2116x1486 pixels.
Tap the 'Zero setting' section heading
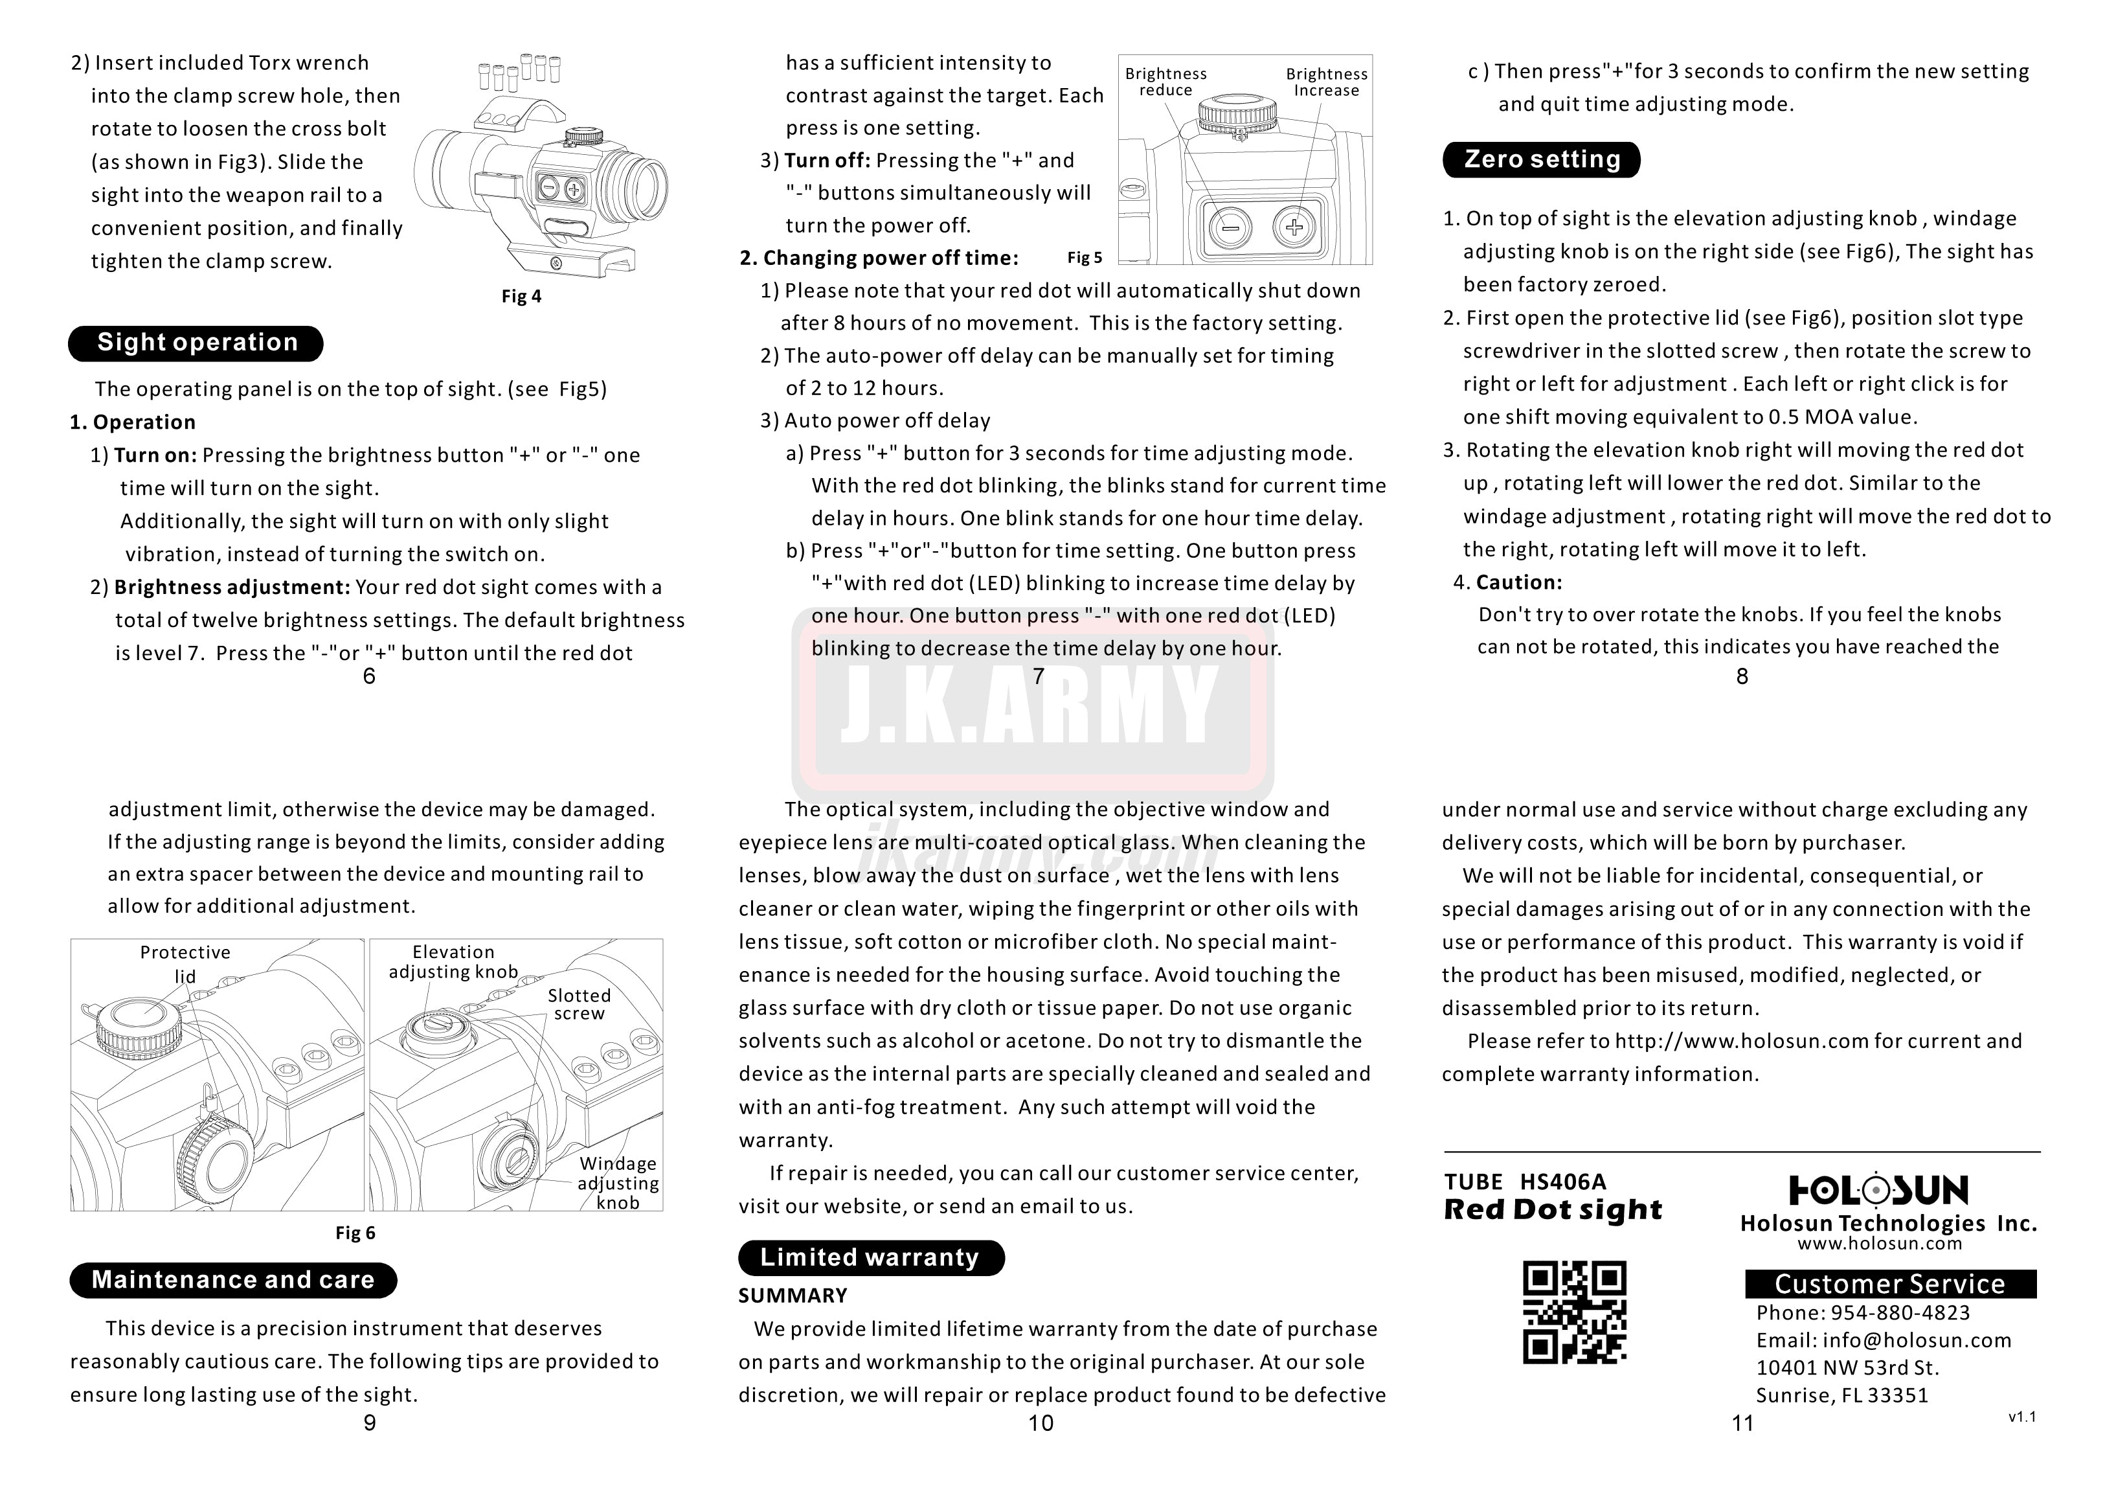[x=1541, y=159]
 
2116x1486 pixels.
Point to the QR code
[x=1574, y=1312]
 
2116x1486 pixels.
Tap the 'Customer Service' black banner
[x=1889, y=1284]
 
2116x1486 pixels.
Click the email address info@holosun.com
[x=1917, y=1340]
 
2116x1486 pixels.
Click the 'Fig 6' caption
[x=355, y=1233]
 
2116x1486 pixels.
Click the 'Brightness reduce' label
[x=1166, y=82]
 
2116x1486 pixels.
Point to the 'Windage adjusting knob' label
[x=618, y=1183]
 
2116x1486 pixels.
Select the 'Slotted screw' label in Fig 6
[x=579, y=1004]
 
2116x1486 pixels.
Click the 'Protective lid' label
[x=185, y=963]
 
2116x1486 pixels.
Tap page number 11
[x=1742, y=1423]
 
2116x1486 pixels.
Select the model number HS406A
[x=1563, y=1182]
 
